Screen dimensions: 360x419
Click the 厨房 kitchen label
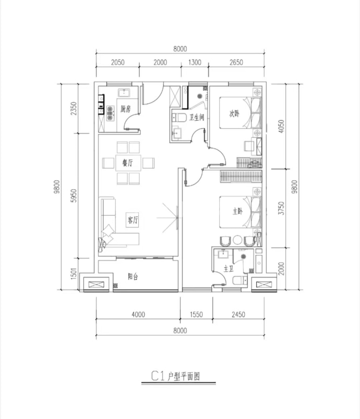pyautogui.click(x=125, y=109)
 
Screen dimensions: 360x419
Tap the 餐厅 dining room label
pyautogui.click(x=127, y=162)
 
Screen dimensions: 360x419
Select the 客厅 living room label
pyautogui.click(x=133, y=220)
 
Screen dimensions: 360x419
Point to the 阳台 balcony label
pyautogui.click(x=133, y=277)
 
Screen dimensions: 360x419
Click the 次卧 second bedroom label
pyautogui.click(x=234, y=114)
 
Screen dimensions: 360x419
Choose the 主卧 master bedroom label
pyautogui.click(x=237, y=211)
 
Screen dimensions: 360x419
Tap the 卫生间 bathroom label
pyautogui.click(x=197, y=117)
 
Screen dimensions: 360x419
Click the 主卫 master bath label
pyautogui.click(x=229, y=269)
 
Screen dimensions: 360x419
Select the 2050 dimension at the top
pyautogui.click(x=117, y=62)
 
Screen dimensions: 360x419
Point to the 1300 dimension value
pyautogui.click(x=195, y=62)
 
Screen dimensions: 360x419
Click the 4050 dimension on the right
pyautogui.click(x=281, y=126)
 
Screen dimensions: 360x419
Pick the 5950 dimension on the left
pyautogui.click(x=74, y=196)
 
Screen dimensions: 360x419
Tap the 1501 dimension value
pyautogui.click(x=74, y=273)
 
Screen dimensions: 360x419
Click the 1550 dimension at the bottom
pyautogui.click(x=197, y=315)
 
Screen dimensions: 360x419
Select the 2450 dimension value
pyautogui.click(x=238, y=315)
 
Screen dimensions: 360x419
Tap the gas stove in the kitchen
pyautogui.click(x=110, y=113)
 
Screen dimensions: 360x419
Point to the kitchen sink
pyautogui.click(x=124, y=93)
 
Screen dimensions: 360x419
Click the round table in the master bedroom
pyautogui.click(x=237, y=240)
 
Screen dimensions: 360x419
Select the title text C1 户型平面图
pyautogui.click(x=176, y=376)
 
